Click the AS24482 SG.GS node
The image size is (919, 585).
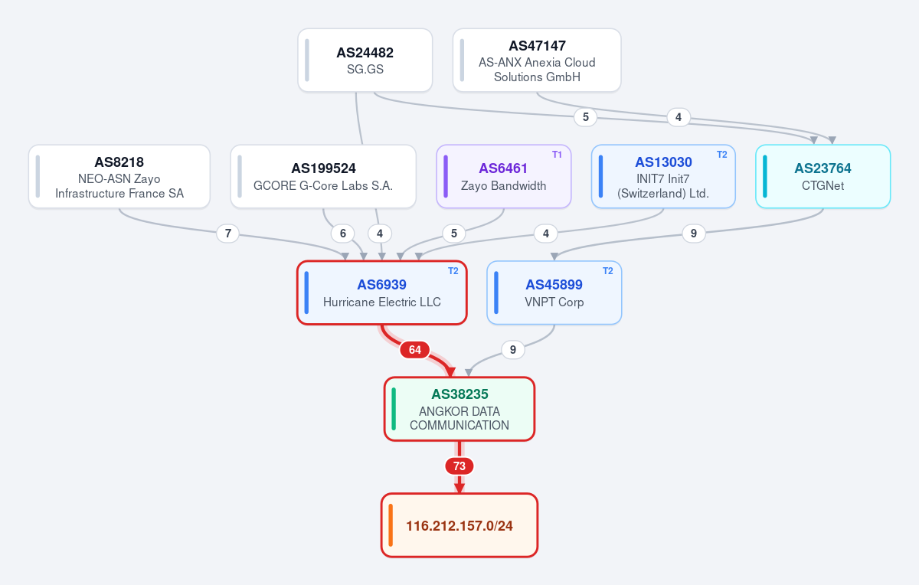pos(365,60)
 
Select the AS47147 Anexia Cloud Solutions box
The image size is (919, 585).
pos(537,60)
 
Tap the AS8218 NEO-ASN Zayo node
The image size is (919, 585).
pos(119,176)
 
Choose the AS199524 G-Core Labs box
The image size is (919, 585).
pos(323,176)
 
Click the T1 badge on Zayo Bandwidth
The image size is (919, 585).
pos(557,155)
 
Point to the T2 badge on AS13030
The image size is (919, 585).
pos(721,155)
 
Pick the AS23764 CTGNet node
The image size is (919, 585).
pos(823,176)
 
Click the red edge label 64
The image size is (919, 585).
pos(415,349)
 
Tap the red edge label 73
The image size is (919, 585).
pos(459,466)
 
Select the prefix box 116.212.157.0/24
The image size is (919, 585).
pos(459,525)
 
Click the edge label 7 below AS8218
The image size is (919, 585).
pos(227,234)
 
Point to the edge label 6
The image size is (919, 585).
pos(343,234)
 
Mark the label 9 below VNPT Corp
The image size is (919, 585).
pos(513,349)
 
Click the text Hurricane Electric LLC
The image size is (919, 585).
pos(382,302)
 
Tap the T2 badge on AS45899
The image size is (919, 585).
pos(608,271)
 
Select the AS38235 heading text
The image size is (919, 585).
pos(459,394)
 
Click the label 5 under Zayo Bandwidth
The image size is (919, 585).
pos(453,234)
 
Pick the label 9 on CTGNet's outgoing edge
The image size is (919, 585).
pos(694,234)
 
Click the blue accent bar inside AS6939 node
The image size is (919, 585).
pos(306,292)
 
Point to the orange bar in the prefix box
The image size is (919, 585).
pos(391,525)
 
